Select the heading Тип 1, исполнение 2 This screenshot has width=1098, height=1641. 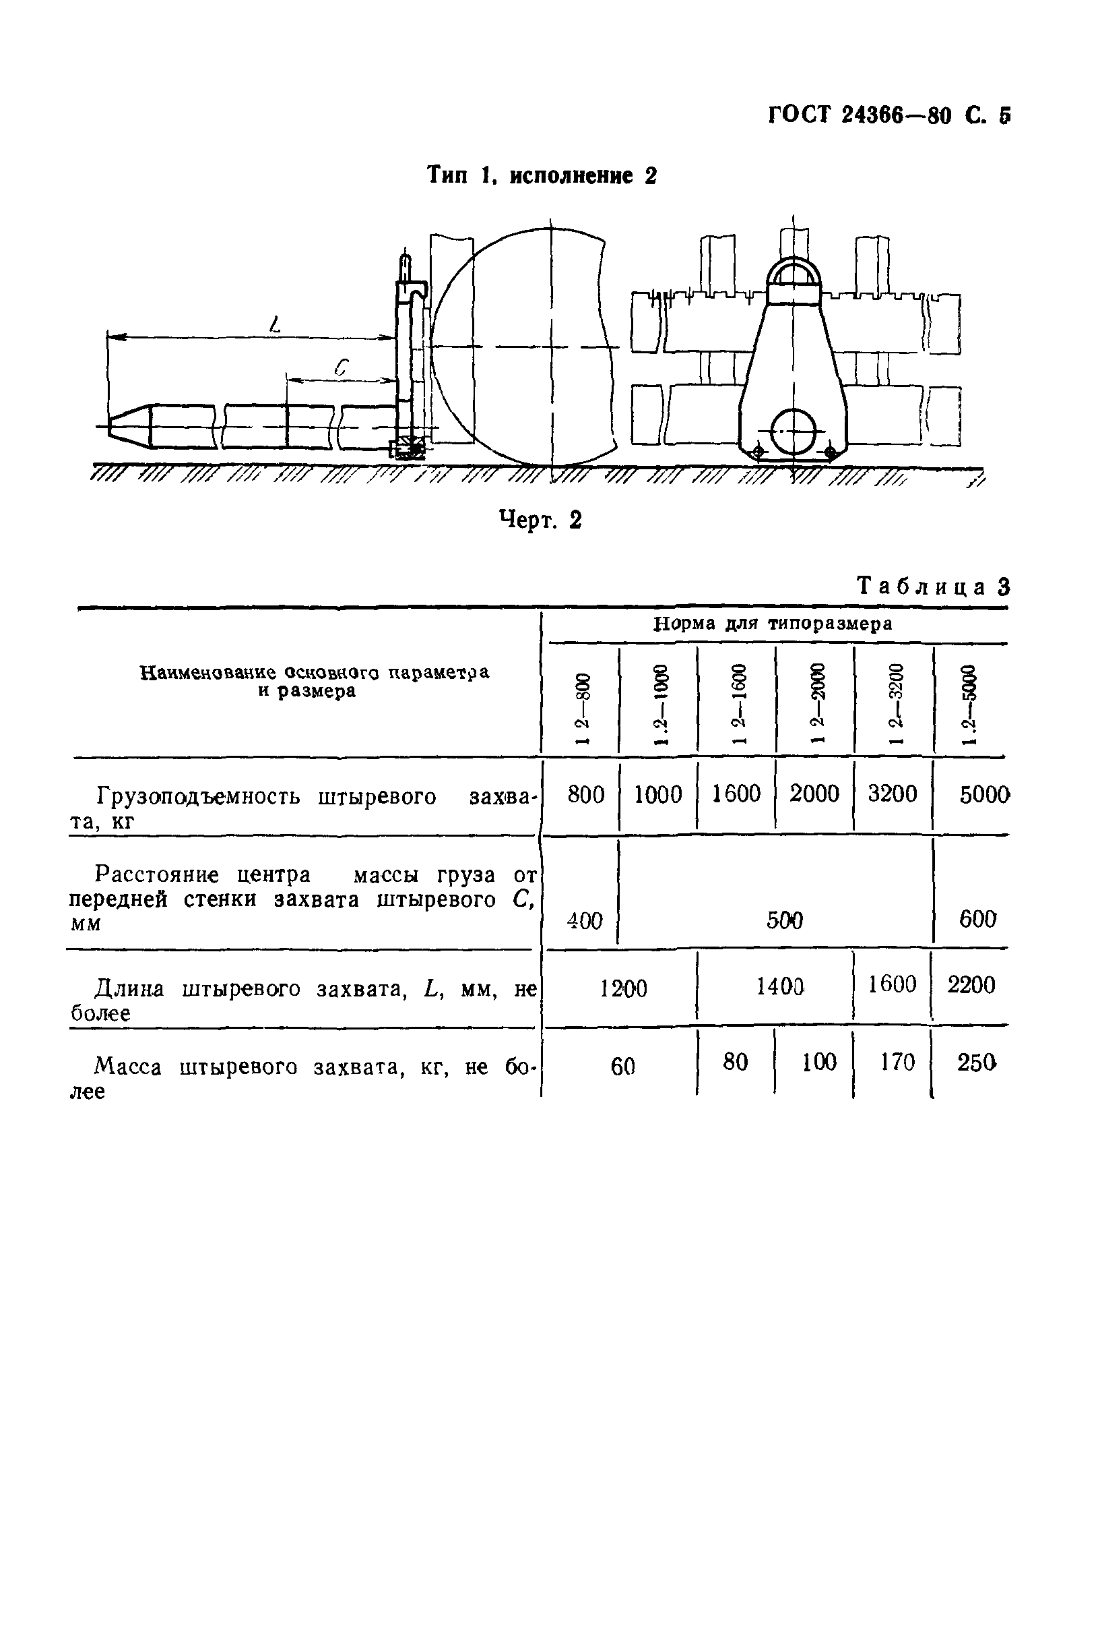tap(542, 175)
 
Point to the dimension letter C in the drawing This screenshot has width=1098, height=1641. tap(341, 367)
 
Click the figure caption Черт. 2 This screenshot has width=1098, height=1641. tap(540, 520)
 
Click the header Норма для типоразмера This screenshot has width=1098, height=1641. tap(773, 624)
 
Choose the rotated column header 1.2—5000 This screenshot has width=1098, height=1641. tap(969, 709)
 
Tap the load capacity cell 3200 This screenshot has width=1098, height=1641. tap(892, 794)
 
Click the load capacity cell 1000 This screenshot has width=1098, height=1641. tap(657, 795)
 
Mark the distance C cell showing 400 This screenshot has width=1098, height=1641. tap(584, 920)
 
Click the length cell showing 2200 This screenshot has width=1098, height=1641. tap(971, 985)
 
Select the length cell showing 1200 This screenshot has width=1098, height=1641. tap(623, 988)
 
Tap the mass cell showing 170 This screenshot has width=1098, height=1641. tap(897, 1063)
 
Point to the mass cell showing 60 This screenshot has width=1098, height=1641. tap(622, 1067)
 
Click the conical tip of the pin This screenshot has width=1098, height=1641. tap(129, 425)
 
